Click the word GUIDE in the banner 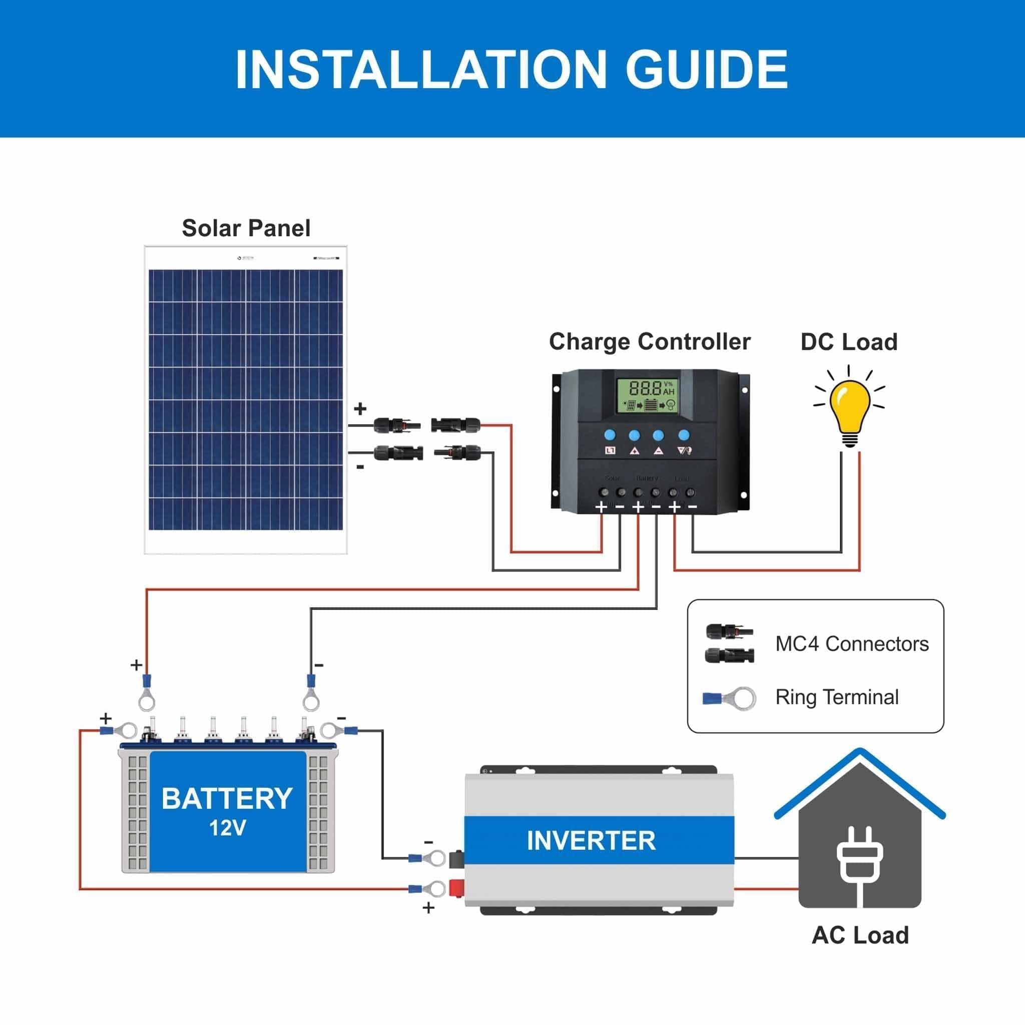707,70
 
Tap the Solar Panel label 246,228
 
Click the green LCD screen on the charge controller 646,396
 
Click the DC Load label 849,342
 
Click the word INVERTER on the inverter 591,840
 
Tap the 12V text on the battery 227,828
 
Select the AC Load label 860,935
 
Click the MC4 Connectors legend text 851,644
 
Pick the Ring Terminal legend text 837,697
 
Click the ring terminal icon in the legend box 730,698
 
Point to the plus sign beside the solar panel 360,408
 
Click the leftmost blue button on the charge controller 610,435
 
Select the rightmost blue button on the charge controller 684,435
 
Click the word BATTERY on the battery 227,798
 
